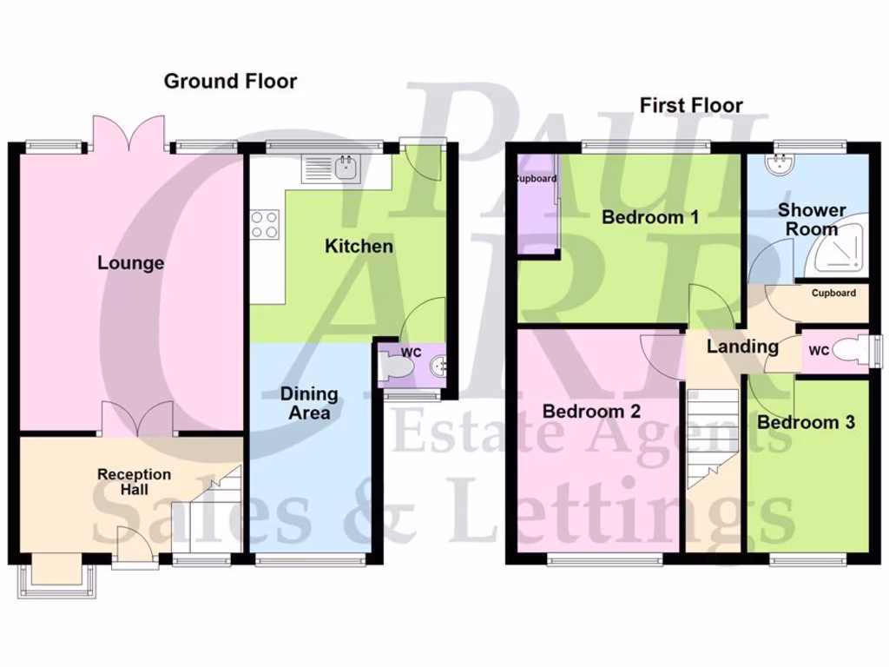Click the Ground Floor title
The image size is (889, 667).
[230, 82]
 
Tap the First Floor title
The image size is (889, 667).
[691, 105]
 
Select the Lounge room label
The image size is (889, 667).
[130, 262]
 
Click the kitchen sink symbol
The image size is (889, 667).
[331, 168]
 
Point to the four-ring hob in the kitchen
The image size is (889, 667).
[265, 225]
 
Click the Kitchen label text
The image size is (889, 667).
[359, 247]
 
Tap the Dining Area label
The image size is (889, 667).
[309, 403]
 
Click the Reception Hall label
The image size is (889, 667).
[134, 482]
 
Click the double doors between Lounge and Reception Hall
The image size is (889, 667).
[137, 419]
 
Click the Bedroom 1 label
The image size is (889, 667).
[650, 217]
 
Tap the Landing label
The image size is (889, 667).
[742, 347]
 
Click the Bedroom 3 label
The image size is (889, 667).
[806, 422]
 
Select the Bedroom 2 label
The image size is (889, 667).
[591, 412]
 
